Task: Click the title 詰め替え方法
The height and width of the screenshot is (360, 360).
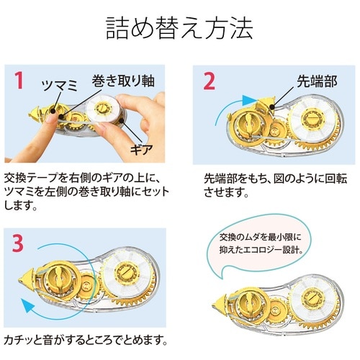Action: pos(179,30)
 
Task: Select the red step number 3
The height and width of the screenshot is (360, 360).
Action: pos(19,241)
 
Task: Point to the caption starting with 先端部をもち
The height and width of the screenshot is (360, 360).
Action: pos(273,183)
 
